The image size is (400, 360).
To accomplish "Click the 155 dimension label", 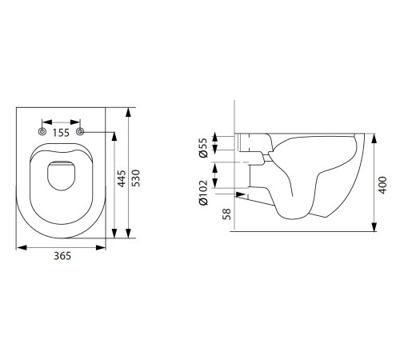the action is (x=61, y=133).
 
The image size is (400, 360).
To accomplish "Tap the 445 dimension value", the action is (x=122, y=178).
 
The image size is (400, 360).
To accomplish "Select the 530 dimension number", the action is (x=136, y=178).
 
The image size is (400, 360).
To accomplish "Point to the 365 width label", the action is (x=62, y=256).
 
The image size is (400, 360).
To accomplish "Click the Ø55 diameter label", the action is (x=203, y=147).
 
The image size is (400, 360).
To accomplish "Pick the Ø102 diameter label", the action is (x=203, y=193).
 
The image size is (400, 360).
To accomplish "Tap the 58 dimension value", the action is (x=226, y=214).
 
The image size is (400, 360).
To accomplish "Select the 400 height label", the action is (x=382, y=185).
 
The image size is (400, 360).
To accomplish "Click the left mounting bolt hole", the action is (x=42, y=131).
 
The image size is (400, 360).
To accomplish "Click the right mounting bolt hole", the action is (x=80, y=131).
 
